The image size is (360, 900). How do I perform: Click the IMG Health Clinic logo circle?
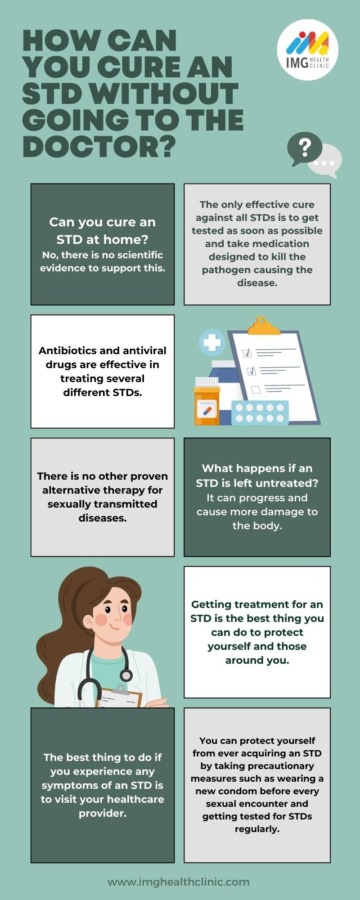pyautogui.click(x=307, y=49)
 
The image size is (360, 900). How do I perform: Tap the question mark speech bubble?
pyautogui.click(x=304, y=148)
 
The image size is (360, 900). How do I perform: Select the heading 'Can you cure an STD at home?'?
pyautogui.click(x=103, y=230)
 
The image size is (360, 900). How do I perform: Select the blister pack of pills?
pyautogui.click(x=260, y=413)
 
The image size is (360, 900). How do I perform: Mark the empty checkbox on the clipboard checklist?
pyautogui.click(x=255, y=389)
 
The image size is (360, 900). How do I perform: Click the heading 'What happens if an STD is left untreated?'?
pyautogui.click(x=257, y=476)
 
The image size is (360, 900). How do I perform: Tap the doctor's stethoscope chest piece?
pyautogui.click(x=126, y=675)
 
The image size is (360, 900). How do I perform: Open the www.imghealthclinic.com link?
pyautogui.click(x=179, y=882)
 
